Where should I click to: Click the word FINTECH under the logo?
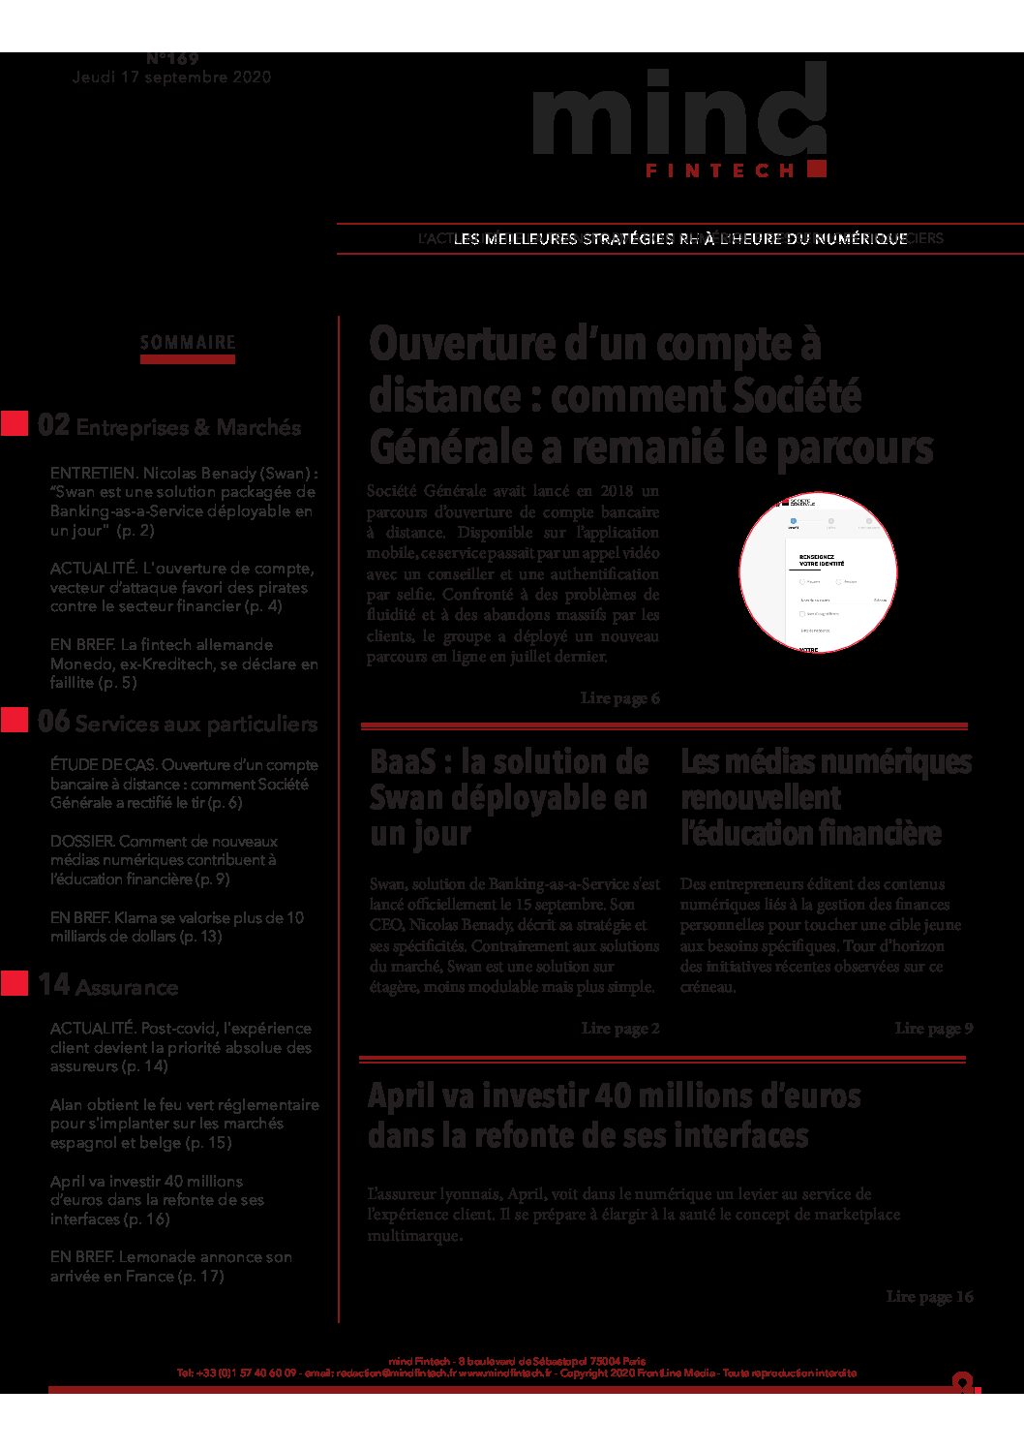[719, 170]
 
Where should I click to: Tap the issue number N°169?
[172, 59]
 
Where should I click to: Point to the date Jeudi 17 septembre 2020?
[171, 77]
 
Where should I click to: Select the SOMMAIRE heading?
[188, 343]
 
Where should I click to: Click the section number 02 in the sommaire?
[53, 425]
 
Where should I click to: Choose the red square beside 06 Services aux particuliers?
[15, 721]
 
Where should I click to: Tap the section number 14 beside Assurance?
[53, 985]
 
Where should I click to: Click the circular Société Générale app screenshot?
[818, 571]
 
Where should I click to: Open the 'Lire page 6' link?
[619, 698]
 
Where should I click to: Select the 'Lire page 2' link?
[619, 1029]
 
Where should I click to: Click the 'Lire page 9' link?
[933, 1029]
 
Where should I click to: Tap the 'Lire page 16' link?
[929, 1297]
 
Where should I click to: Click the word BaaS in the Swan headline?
[405, 762]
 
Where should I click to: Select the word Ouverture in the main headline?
[445, 345]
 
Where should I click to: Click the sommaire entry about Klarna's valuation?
[177, 927]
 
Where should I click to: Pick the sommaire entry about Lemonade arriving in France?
[171, 1267]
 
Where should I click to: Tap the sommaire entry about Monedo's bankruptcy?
[184, 663]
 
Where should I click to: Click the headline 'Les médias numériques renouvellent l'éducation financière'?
[825, 797]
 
